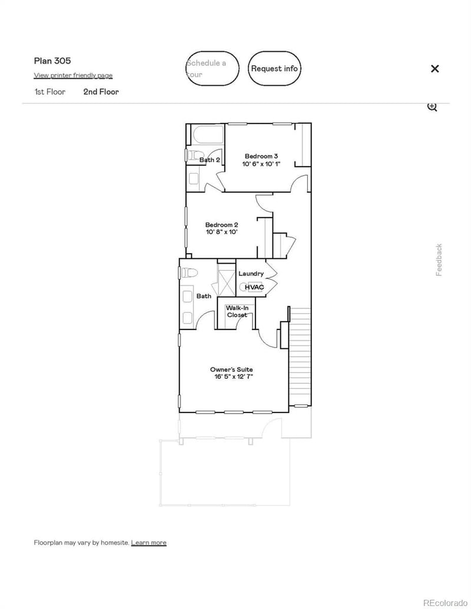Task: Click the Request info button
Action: click(x=274, y=68)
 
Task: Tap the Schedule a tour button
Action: click(x=213, y=68)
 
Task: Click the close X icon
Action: click(x=434, y=68)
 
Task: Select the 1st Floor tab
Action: click(x=49, y=92)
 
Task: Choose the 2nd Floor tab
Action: click(x=101, y=92)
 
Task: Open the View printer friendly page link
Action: click(x=73, y=75)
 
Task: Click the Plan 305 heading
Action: click(x=52, y=61)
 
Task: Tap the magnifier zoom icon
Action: click(x=432, y=107)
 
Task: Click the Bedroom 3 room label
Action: click(x=261, y=160)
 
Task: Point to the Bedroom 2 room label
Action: click(x=221, y=228)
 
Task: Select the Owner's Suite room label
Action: click(x=231, y=373)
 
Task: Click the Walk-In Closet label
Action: click(x=237, y=311)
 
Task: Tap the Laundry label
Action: click(x=251, y=274)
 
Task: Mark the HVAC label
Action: click(x=254, y=287)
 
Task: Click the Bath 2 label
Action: click(x=210, y=160)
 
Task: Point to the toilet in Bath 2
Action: click(x=193, y=155)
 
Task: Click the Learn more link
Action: click(x=148, y=543)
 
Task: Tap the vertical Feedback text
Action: click(x=439, y=259)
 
